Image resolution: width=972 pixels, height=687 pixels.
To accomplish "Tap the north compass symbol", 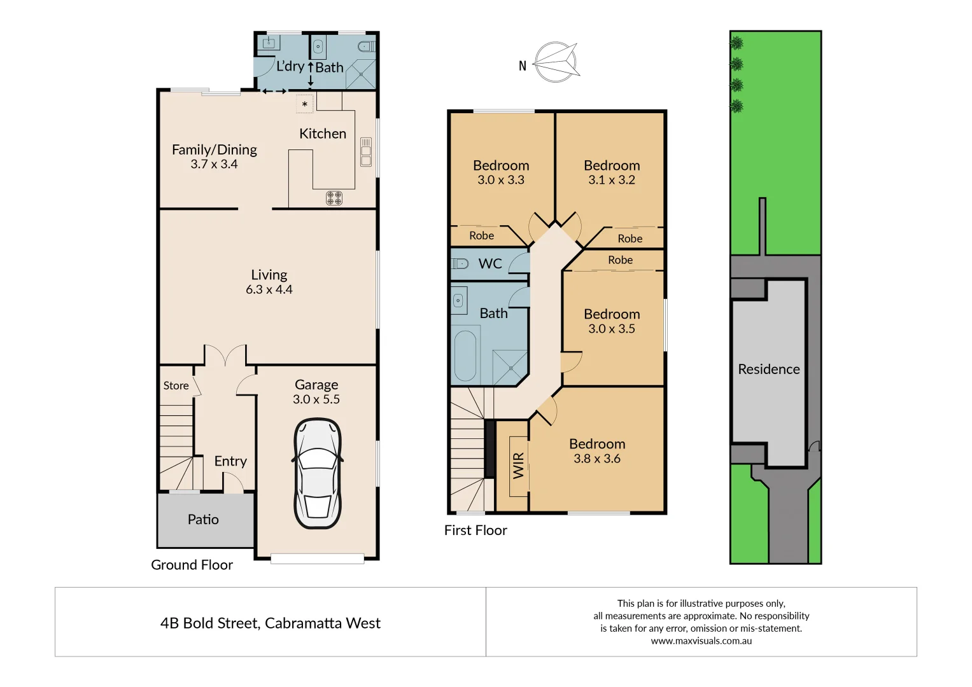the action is [x=556, y=62].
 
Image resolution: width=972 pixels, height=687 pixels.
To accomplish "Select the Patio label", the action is [x=203, y=520].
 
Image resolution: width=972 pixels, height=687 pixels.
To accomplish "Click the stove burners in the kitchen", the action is [x=334, y=198].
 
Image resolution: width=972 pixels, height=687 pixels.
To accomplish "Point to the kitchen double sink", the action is [x=366, y=152].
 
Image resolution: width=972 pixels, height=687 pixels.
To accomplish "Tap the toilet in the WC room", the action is [x=460, y=263].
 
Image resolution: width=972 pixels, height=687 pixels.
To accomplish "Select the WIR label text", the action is [x=519, y=466].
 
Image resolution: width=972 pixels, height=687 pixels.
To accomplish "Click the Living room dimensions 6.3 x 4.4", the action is [x=269, y=289].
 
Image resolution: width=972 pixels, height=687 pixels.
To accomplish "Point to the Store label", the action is [x=176, y=385].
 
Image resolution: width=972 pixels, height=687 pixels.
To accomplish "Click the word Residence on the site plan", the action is [x=769, y=369].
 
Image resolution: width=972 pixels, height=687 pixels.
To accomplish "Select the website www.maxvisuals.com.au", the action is [x=701, y=641].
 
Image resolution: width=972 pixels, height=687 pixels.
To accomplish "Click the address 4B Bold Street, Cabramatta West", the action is [x=271, y=623].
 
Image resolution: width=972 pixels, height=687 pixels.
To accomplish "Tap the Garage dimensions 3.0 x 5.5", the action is [x=316, y=399].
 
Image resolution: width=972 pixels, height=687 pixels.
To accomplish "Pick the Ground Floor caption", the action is [x=192, y=565].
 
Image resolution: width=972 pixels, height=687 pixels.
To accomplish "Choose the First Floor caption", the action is [x=475, y=531].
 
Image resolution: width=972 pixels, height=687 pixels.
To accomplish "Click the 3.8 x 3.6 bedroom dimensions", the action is [x=597, y=459].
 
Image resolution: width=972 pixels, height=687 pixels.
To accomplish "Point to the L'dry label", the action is [x=290, y=66].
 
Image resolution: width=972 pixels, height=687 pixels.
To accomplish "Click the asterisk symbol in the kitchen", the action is [x=305, y=104].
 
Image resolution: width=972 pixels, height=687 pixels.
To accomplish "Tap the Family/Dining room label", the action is [x=215, y=149].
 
